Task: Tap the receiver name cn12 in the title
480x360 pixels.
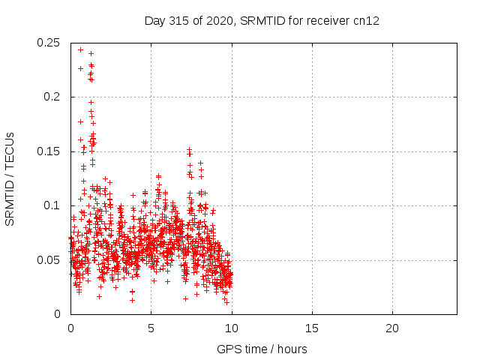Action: [366, 20]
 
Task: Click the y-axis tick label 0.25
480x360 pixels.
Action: [49, 43]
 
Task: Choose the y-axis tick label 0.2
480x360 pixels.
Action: [52, 97]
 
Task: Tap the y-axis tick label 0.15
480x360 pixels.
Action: [49, 151]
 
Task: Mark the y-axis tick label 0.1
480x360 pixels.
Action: [52, 205]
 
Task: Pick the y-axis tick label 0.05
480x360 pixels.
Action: [49, 259]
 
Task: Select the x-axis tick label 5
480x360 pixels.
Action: [151, 328]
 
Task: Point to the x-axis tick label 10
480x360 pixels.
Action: [231, 328]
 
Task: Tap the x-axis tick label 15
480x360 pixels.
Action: [311, 328]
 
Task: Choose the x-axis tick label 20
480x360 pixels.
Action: [391, 328]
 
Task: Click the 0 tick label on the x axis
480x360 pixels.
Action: [70, 328]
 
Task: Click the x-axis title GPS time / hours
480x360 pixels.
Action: [262, 349]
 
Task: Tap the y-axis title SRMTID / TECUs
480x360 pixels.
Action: [10, 178]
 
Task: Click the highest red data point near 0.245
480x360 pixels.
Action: [80, 49]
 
